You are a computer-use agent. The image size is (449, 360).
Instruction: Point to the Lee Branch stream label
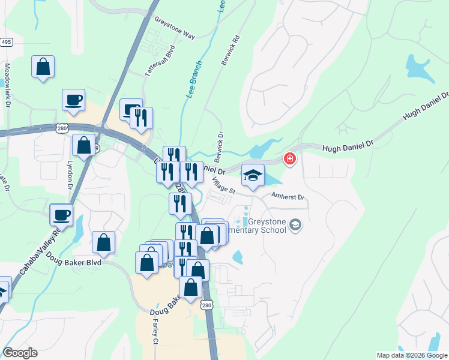tap(193, 79)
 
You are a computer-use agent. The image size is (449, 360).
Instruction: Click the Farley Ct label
tap(155, 332)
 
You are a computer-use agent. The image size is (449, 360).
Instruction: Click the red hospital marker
tap(290, 159)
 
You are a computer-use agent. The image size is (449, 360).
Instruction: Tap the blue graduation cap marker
tap(253, 175)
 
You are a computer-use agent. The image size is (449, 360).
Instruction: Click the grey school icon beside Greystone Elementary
tap(295, 225)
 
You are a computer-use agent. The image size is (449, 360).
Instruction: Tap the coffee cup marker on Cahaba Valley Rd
tap(61, 214)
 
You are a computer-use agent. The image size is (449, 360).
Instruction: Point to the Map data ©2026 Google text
tap(412, 355)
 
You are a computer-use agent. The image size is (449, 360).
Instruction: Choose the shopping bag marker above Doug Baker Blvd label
tap(103, 242)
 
